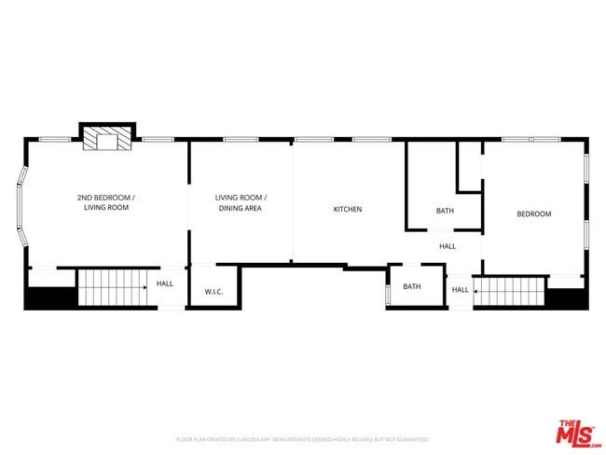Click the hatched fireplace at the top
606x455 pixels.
[107, 140]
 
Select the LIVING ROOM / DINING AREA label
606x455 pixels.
[241, 202]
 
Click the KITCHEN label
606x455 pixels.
[348, 209]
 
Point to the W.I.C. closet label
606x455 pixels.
[213, 291]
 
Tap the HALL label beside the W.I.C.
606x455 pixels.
[165, 283]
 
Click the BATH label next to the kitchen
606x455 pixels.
[445, 211]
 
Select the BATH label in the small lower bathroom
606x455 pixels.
[412, 286]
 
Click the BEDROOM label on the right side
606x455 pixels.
[534, 214]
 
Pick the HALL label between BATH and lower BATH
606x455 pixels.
[448, 246]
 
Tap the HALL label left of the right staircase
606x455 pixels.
[461, 289]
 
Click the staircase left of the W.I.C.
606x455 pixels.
[111, 286]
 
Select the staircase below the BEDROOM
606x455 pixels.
[509, 291]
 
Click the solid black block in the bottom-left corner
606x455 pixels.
[49, 297]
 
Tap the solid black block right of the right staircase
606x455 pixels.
[566, 298]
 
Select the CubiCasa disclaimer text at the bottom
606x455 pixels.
[302, 438]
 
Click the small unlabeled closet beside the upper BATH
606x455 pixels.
[468, 165]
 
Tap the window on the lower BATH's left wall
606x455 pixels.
[387, 294]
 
